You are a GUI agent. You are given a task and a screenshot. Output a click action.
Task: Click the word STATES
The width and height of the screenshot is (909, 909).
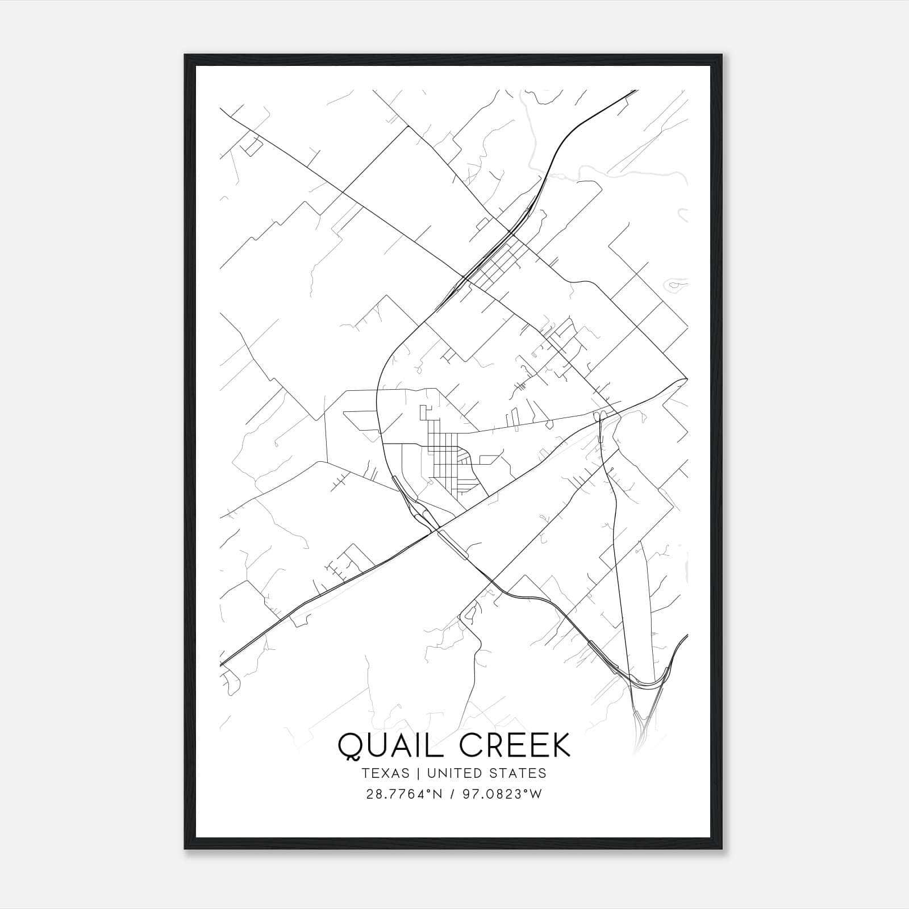pyautogui.click(x=517, y=773)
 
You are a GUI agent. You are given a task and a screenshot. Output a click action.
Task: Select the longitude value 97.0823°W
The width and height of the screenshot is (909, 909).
pyautogui.click(x=502, y=794)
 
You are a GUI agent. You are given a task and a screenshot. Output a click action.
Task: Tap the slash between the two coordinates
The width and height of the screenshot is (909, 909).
pyautogui.click(x=452, y=794)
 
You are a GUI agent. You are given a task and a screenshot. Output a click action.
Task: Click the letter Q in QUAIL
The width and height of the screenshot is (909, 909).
pyautogui.click(x=351, y=745)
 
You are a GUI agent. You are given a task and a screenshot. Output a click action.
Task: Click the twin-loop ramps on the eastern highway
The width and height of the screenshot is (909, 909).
pyautogui.click(x=599, y=418)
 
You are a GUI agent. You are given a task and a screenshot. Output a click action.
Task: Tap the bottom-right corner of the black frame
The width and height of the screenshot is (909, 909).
pyautogui.click(x=722, y=849)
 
